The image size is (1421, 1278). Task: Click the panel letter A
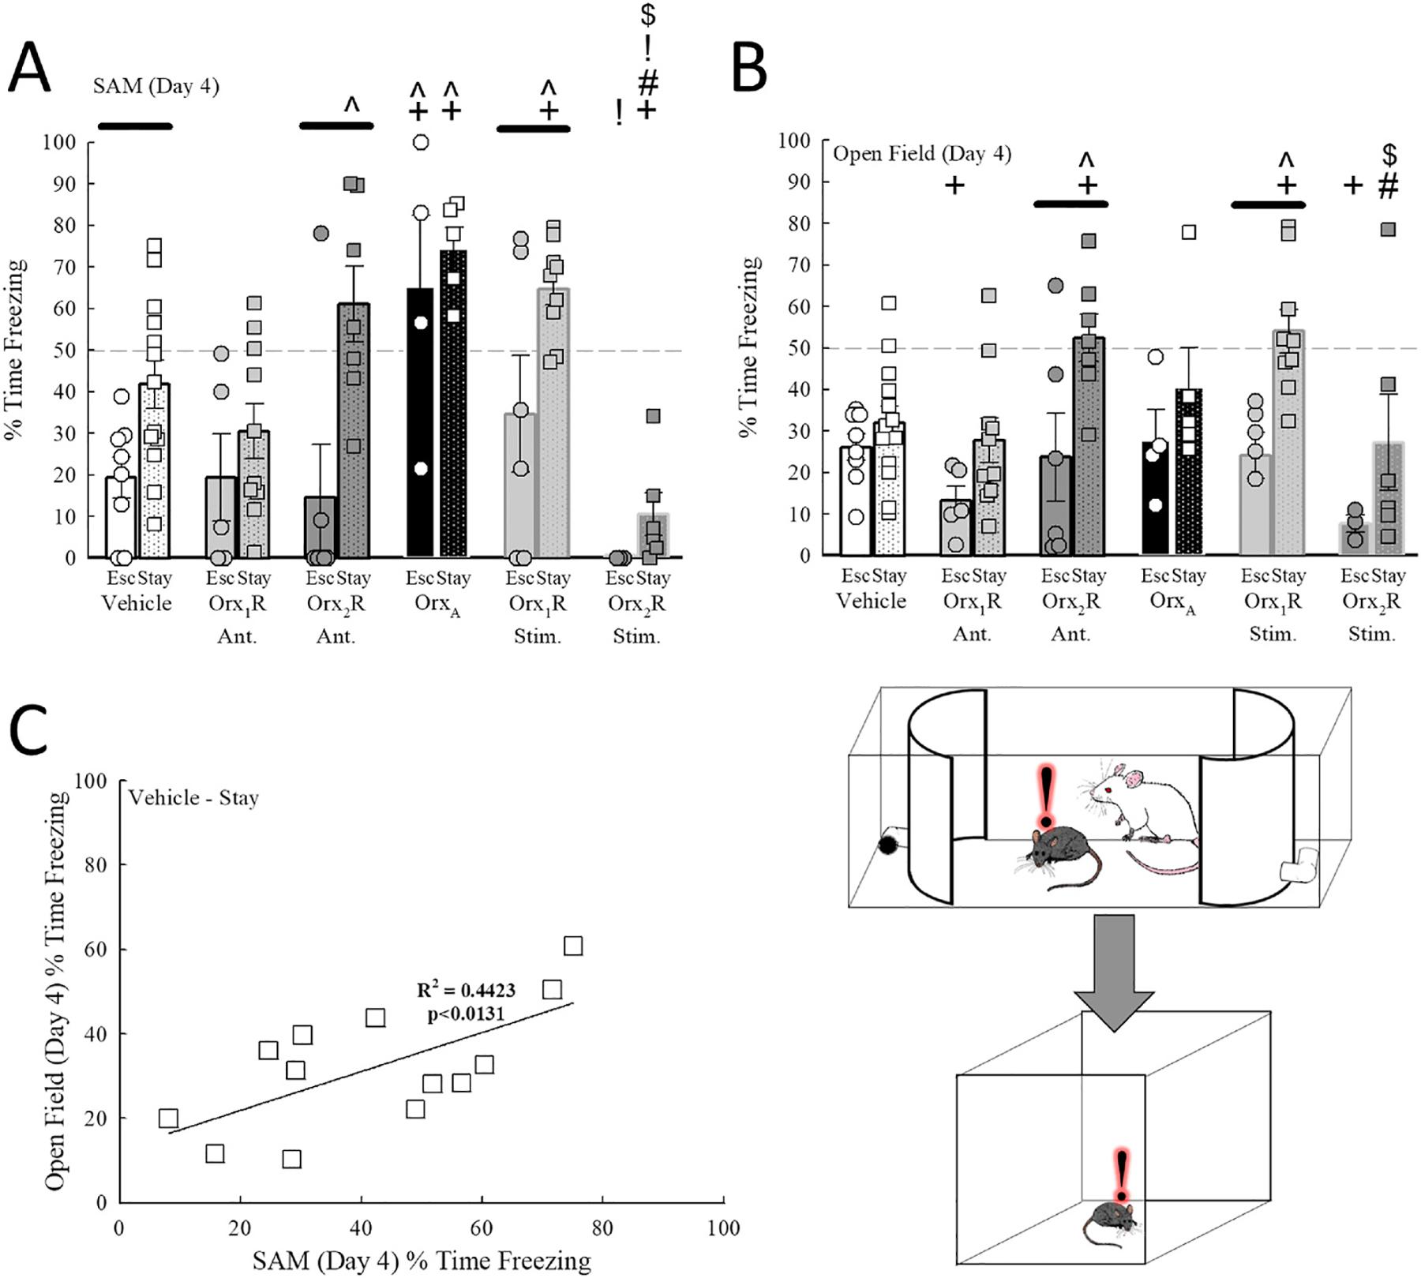pyautogui.click(x=30, y=69)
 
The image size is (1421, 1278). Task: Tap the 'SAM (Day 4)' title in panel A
pyautogui.click(x=156, y=86)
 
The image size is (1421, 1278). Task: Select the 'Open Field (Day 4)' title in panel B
pyautogui.click(x=921, y=153)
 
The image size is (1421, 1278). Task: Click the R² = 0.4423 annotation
pyautogui.click(x=466, y=990)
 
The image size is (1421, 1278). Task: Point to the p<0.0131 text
pyautogui.click(x=466, y=1014)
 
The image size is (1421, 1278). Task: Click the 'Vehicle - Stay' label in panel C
pyautogui.click(x=193, y=797)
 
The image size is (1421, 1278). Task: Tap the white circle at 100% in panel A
pyautogui.click(x=421, y=142)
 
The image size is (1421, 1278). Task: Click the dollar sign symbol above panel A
pyautogui.click(x=647, y=13)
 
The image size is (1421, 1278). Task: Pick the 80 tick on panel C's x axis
pyautogui.click(x=602, y=1228)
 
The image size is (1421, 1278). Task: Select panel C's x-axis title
pyautogui.click(x=422, y=1261)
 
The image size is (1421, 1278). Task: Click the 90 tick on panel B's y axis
pyautogui.click(x=799, y=182)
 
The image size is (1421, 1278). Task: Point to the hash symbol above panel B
pyautogui.click(x=1388, y=186)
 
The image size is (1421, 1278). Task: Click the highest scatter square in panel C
pyautogui.click(x=573, y=946)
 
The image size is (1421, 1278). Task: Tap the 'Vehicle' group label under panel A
pyautogui.click(x=137, y=604)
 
